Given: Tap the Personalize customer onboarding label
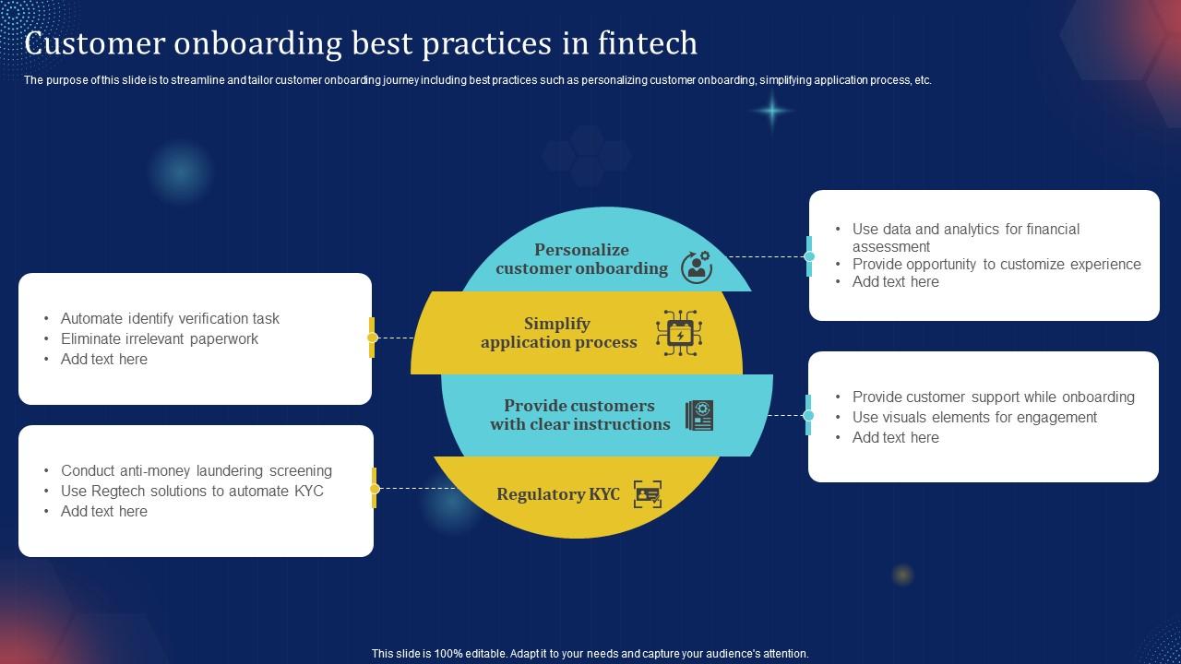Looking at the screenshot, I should (x=581, y=259).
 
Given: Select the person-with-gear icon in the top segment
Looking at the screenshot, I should (x=696, y=266).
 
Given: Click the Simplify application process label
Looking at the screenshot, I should (x=558, y=333).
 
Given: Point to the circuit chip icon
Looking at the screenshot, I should (x=679, y=333).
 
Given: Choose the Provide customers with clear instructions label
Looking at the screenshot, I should (x=579, y=415).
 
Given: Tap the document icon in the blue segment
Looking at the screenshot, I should (x=699, y=415).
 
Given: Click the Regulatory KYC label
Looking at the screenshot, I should (x=557, y=494).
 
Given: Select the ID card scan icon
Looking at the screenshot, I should (x=648, y=494).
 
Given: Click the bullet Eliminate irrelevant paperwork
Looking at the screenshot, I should (x=159, y=338).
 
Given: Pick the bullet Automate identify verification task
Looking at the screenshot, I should (x=170, y=318).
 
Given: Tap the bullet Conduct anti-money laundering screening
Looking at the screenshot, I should (x=196, y=470).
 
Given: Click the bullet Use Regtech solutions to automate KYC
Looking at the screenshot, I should (x=192, y=491).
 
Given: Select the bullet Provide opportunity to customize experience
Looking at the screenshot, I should (x=996, y=264).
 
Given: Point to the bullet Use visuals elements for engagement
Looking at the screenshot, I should (x=974, y=417).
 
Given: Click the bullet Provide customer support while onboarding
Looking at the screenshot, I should (x=993, y=397).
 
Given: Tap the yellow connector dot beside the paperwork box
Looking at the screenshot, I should (x=372, y=338).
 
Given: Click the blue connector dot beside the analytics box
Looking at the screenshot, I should (x=809, y=256).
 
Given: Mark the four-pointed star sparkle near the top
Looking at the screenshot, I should (x=771, y=112).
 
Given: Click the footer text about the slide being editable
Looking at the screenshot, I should (x=590, y=653).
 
